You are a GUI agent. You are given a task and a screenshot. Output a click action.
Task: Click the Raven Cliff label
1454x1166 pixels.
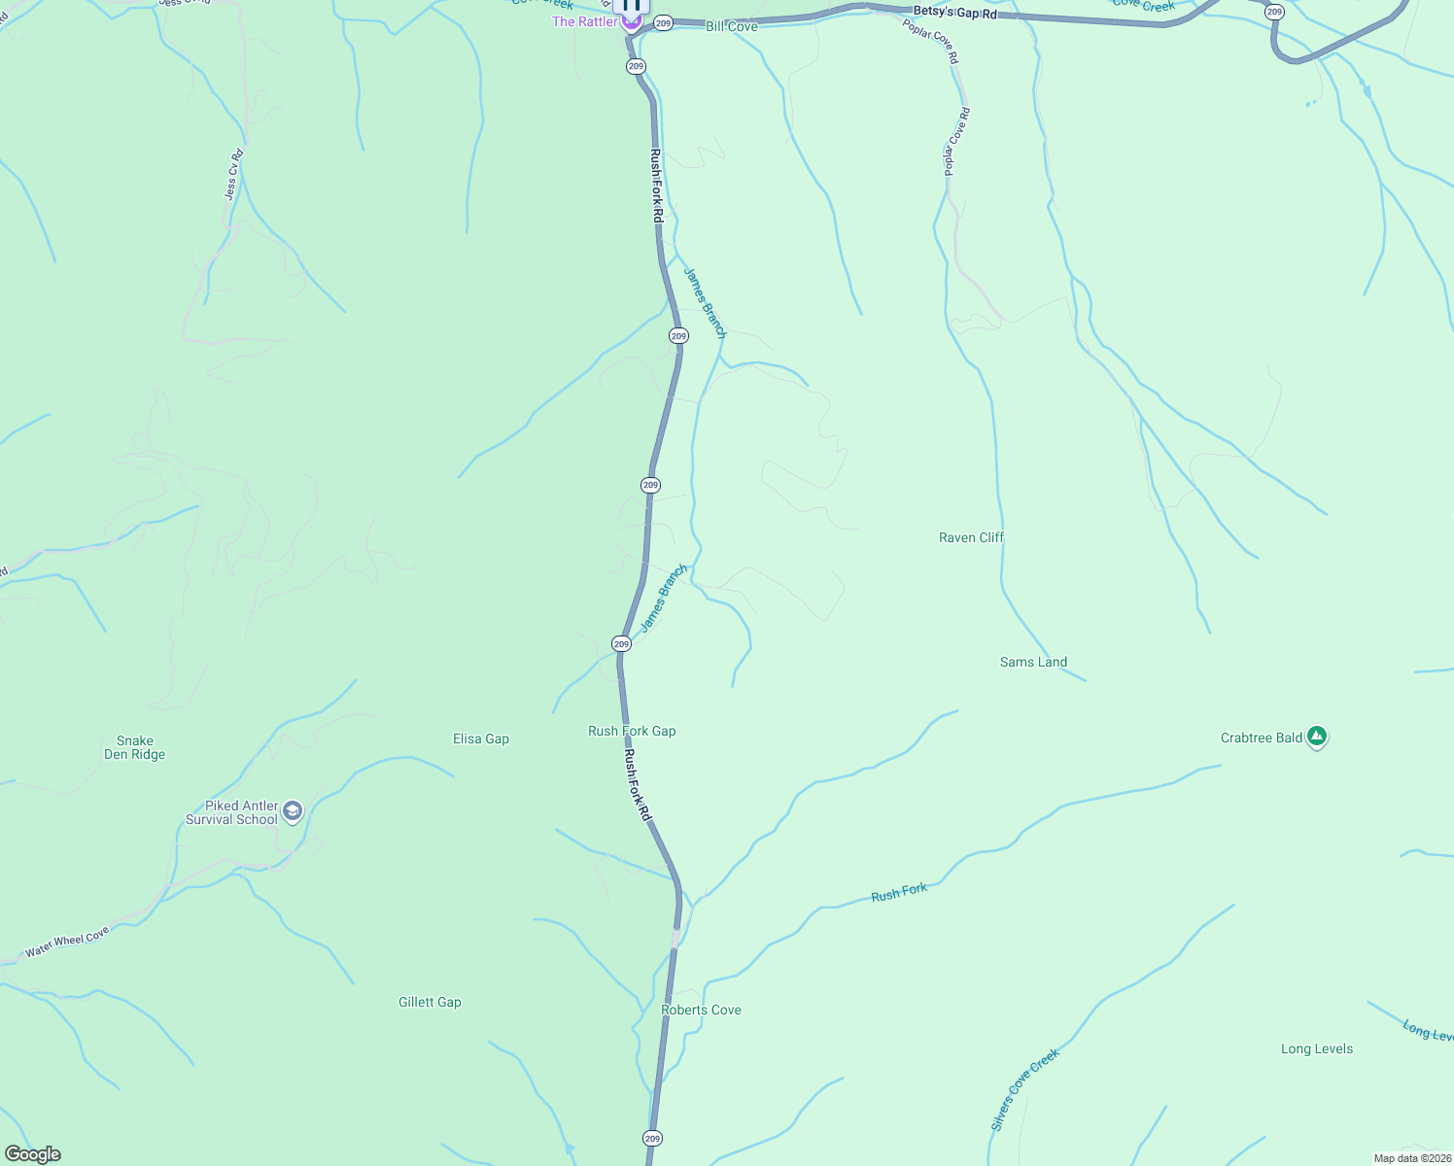(971, 537)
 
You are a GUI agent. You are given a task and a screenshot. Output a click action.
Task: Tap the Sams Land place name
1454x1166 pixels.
(1033, 662)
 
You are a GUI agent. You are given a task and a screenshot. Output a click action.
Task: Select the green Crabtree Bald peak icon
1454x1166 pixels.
(1317, 737)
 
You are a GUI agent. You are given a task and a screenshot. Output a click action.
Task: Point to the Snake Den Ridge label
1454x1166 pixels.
(134, 747)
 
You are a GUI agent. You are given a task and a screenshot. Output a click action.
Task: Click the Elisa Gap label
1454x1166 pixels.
(481, 738)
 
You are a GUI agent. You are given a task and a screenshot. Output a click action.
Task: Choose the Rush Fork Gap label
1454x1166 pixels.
(632, 731)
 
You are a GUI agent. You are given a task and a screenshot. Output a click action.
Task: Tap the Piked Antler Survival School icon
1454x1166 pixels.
(293, 811)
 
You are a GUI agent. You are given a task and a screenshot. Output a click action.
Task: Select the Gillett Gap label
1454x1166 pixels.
(430, 1002)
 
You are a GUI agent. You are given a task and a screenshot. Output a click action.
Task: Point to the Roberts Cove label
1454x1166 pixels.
(701, 1010)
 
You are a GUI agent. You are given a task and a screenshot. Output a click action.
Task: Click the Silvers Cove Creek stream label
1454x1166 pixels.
(1024, 1089)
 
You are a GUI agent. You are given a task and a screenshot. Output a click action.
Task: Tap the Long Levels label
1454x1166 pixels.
(1317, 1048)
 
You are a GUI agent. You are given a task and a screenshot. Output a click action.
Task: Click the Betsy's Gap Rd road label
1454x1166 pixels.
(954, 13)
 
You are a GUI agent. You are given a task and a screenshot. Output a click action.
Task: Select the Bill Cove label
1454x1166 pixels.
(732, 26)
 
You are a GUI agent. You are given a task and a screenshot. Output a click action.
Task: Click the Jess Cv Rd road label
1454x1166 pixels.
(233, 174)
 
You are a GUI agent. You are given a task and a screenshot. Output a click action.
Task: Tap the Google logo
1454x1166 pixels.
(32, 1154)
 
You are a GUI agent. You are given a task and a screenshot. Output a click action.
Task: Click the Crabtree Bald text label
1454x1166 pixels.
(1261, 737)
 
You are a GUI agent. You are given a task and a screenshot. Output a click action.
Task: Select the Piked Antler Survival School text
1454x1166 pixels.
(231, 812)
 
